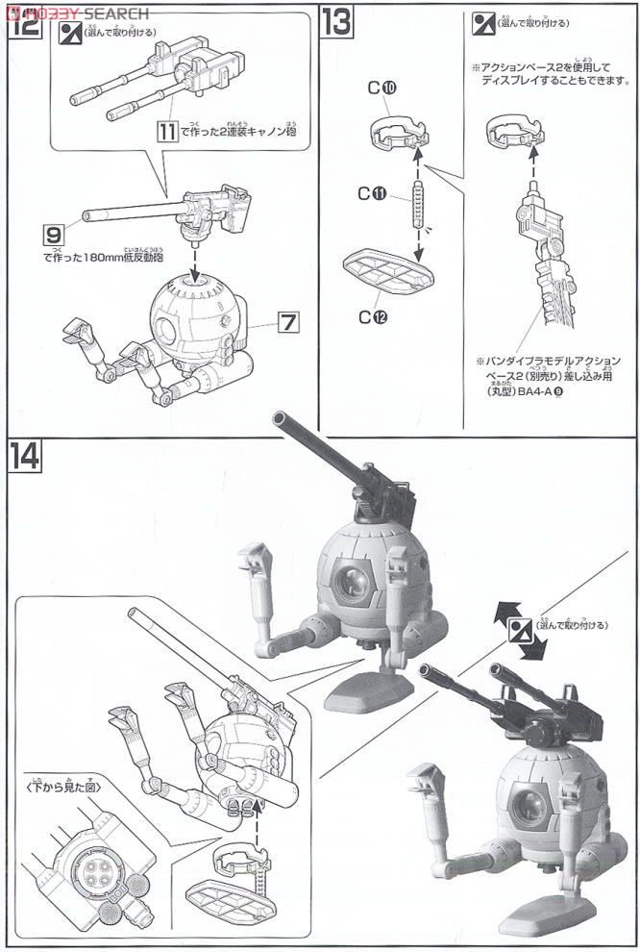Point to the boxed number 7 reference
pyautogui.click(x=287, y=324)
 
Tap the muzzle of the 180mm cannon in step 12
pyautogui.click(x=86, y=213)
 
